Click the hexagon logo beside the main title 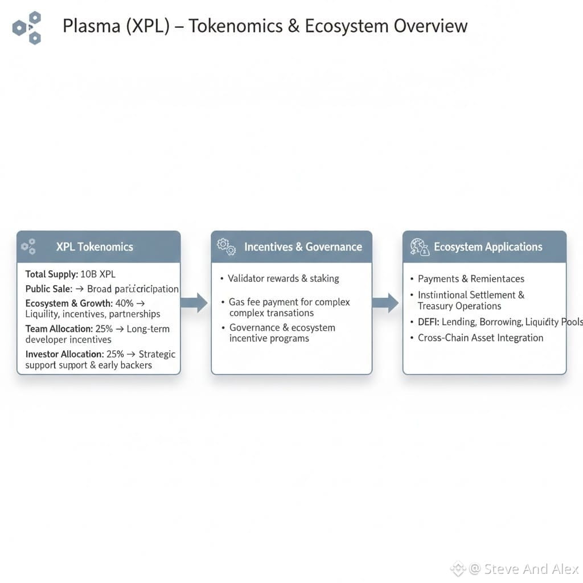pyautogui.click(x=27, y=27)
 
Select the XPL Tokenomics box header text pyautogui.click(x=95, y=247)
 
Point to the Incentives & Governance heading pyautogui.click(x=303, y=247)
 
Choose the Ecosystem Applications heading pyautogui.click(x=488, y=247)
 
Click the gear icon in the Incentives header pyautogui.click(x=226, y=247)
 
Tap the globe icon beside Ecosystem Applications pyautogui.click(x=419, y=247)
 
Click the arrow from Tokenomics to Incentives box pyautogui.click(x=195, y=302)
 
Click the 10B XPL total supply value pyautogui.click(x=98, y=274)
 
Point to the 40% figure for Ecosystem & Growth pyautogui.click(x=124, y=303)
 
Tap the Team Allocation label pyautogui.click(x=59, y=329)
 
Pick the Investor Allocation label pyautogui.click(x=64, y=354)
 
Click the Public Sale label pyautogui.click(x=48, y=289)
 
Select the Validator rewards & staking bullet pyautogui.click(x=283, y=278)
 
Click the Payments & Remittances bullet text pyautogui.click(x=471, y=278)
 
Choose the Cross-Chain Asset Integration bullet pyautogui.click(x=481, y=338)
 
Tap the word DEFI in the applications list pyautogui.click(x=428, y=322)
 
